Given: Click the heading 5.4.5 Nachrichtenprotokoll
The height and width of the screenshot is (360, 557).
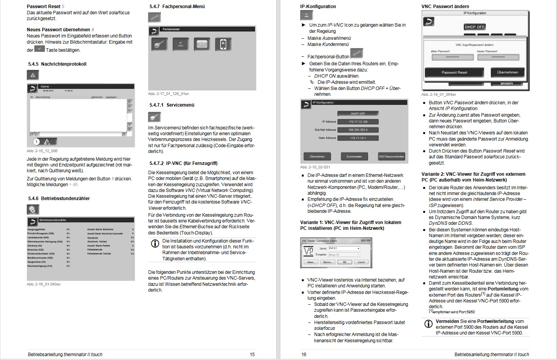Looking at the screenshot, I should (57, 64).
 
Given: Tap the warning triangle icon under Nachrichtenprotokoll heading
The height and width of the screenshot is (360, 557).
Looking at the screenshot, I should (33, 75).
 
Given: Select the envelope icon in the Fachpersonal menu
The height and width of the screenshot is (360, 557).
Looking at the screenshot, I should (202, 44).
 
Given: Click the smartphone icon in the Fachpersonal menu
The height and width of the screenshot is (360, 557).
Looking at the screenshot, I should (223, 44).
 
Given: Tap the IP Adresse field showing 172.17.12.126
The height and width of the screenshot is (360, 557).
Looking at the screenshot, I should (358, 122).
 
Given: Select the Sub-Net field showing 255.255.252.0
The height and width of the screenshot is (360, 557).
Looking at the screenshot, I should (358, 130).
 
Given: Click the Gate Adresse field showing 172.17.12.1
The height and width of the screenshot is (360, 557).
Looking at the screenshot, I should (358, 138).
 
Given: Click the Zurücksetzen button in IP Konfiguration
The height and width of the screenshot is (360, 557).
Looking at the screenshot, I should (354, 156).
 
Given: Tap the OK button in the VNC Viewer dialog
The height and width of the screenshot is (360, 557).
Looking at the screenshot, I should (345, 262).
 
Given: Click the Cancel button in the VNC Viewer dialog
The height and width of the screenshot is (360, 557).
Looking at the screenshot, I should (361, 262).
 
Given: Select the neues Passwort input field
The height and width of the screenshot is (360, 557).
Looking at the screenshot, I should (498, 57).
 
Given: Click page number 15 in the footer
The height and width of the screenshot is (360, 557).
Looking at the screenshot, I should (252, 354).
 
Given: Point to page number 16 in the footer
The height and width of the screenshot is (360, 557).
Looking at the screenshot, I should (304, 354).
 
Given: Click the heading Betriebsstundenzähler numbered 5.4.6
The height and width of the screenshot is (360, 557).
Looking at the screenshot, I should (59, 199).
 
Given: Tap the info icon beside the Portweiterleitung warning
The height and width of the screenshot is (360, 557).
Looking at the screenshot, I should (428, 324).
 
